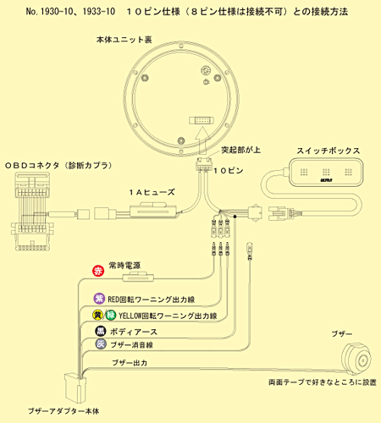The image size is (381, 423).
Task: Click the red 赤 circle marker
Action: [98, 271]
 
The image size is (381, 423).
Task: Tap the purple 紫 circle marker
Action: [99, 299]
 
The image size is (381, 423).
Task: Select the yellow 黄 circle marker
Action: [98, 315]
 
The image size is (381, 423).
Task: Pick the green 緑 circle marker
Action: [111, 315]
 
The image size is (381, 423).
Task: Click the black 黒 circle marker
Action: [101, 331]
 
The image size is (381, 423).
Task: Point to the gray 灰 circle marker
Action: [101, 343]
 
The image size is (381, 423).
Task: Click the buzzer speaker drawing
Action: [356, 358]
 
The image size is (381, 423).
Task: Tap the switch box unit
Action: [326, 172]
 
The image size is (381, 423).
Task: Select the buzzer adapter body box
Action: [75, 388]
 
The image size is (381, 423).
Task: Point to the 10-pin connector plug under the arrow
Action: [204, 164]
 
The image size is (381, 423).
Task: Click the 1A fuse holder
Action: [153, 211]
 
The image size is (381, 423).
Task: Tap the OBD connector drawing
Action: [31, 211]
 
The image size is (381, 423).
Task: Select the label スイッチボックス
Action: [329, 151]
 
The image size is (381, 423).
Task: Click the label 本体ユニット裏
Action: [124, 40]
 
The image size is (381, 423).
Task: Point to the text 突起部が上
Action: [240, 150]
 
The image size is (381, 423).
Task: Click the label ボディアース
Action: [134, 332]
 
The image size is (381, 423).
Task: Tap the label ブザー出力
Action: [130, 363]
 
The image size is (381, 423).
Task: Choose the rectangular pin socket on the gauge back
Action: [202, 120]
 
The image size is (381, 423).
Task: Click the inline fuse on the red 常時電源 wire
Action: [138, 277]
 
